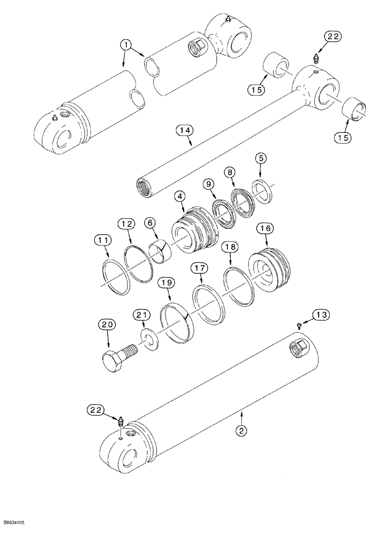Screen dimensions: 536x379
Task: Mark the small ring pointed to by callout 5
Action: pyautogui.click(x=261, y=189)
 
